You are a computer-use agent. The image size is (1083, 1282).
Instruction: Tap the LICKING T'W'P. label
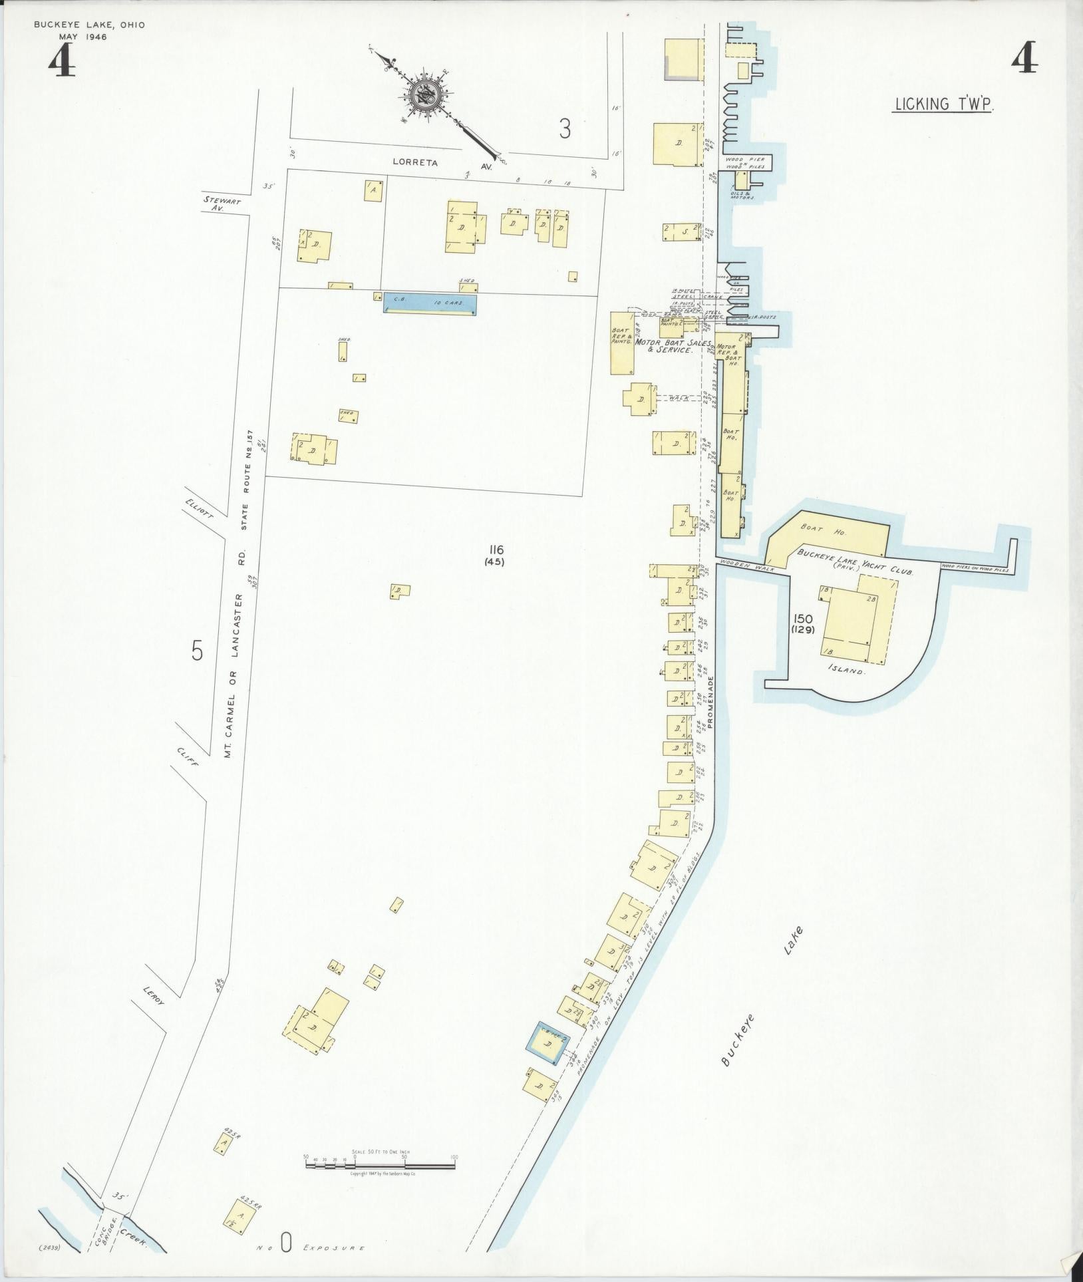click(943, 104)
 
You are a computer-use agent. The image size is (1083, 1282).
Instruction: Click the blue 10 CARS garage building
click(430, 303)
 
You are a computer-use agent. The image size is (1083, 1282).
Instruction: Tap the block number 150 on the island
click(804, 619)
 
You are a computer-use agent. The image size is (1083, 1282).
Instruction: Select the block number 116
click(496, 550)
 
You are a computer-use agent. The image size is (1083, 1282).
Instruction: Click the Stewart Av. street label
click(223, 203)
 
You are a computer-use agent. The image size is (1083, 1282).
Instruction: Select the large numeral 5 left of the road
click(197, 651)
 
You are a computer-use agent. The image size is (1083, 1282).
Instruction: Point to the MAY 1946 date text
click(83, 37)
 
